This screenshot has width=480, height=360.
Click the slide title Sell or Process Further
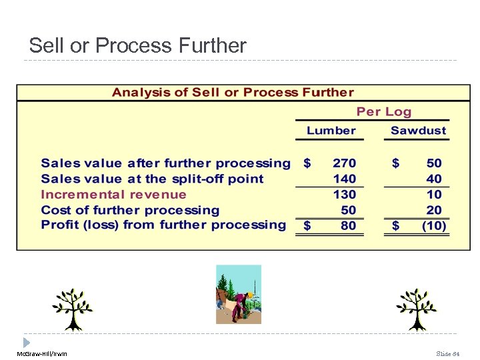coord(137,45)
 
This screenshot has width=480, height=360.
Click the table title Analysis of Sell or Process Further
coord(233,92)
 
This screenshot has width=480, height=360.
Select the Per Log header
coord(384,112)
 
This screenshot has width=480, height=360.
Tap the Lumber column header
coord(331,131)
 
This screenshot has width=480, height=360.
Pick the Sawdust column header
coord(418,131)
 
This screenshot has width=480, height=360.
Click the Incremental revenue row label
coord(113,195)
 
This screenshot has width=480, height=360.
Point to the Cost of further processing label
coord(130,210)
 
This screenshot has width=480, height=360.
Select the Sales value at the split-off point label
coord(152,179)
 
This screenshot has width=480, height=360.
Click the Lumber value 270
coord(345,163)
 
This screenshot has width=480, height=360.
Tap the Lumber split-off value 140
coord(345,179)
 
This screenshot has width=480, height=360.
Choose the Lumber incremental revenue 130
coord(345,195)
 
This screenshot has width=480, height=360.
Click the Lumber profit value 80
coord(348,226)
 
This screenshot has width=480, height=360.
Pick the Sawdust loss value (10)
coord(434,226)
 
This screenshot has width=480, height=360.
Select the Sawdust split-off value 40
coord(434,179)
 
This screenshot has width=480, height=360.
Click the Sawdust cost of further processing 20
coord(434,210)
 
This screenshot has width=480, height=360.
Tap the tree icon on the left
coord(73,309)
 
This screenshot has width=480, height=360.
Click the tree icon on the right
coord(416,309)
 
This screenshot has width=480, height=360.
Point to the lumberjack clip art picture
coord(239,294)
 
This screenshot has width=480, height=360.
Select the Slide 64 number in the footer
coord(448,353)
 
